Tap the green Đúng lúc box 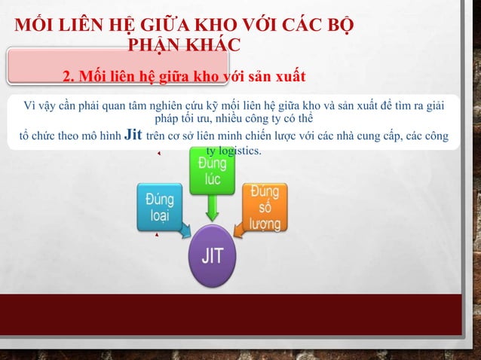pos(210,172)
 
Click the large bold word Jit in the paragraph pos(132,135)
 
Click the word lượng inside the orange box pos(267,224)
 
